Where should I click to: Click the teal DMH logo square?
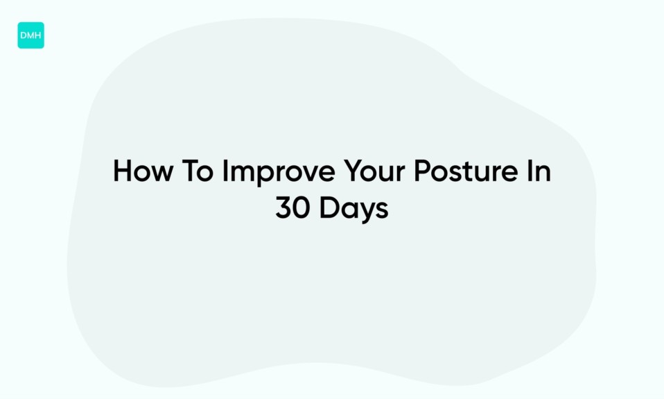click(30, 35)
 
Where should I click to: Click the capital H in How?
click(121, 171)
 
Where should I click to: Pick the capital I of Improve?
click(225, 171)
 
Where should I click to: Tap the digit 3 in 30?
click(284, 208)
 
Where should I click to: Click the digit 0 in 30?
click(302, 208)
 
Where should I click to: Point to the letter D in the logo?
click(24, 35)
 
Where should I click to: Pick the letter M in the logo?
click(30, 35)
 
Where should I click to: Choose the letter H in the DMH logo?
click(38, 35)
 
